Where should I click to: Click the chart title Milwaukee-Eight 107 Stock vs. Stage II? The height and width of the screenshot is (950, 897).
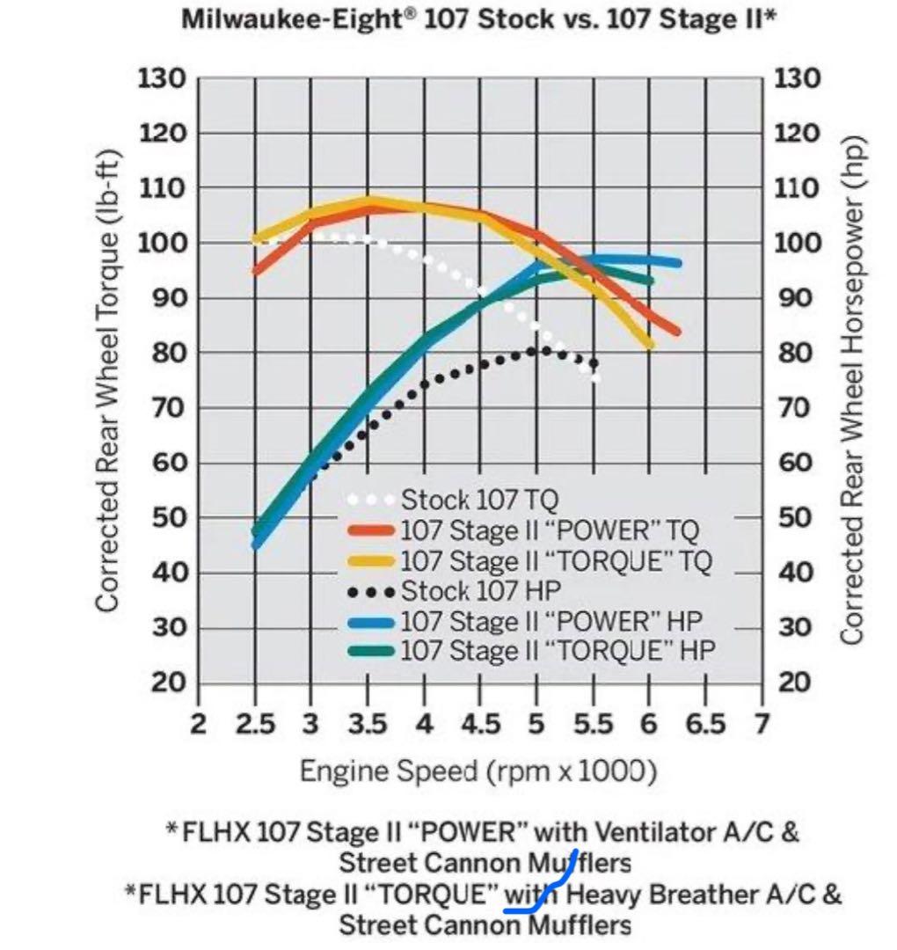pos(478,19)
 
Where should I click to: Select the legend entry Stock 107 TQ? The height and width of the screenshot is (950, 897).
pos(479,501)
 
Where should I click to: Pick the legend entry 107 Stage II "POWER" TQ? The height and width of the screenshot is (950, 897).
pos(550,530)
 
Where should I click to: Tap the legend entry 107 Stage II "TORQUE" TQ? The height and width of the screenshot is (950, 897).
pos(556,560)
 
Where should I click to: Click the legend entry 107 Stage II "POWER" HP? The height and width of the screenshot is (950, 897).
pos(551,621)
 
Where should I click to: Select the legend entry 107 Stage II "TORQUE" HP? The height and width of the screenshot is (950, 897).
pos(558,651)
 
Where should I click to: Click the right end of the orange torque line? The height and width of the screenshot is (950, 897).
pos(675,332)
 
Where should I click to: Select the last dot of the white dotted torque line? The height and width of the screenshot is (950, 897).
pos(596,378)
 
